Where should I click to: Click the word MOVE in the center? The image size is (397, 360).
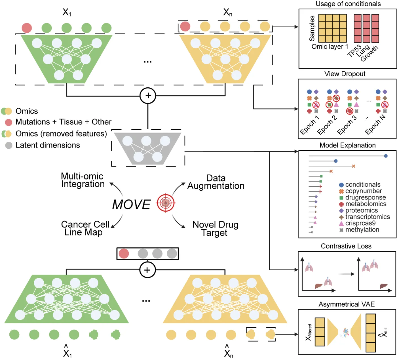coord(131,205)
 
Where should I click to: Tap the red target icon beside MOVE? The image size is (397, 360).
coord(166,203)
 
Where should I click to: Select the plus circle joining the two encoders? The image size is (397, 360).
coord(148,96)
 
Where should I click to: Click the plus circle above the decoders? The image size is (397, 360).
coord(147,270)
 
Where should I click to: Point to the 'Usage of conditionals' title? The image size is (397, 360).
coord(348,4)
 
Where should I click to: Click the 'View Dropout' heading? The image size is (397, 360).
coord(345,74)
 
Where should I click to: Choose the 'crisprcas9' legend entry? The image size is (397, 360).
coord(360,223)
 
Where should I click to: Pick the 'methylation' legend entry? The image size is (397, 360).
coord(362,230)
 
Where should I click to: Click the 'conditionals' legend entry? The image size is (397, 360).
coord(362,185)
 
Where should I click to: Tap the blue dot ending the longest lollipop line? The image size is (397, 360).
coord(385,156)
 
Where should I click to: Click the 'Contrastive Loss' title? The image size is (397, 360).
coord(346,246)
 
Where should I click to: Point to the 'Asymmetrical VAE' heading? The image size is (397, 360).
coord(346,304)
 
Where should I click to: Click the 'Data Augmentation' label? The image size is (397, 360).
coord(216,182)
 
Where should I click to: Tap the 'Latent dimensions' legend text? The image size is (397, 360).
coord(48,145)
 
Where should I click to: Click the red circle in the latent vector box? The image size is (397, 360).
coord(124,254)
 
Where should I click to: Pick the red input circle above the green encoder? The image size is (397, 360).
coord(27,28)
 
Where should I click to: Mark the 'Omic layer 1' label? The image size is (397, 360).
coord(330,47)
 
